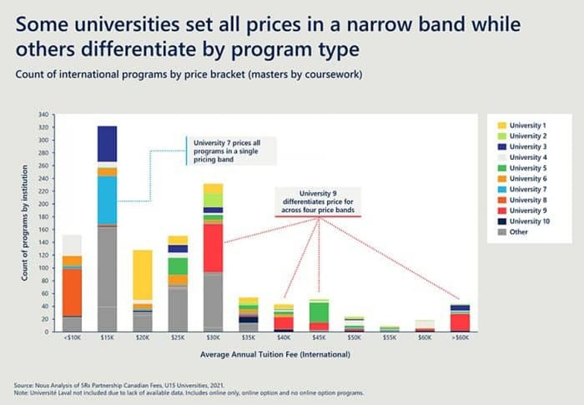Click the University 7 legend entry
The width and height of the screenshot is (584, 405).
(x=525, y=189)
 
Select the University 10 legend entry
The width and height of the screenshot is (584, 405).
(x=529, y=221)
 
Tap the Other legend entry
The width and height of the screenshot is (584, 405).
(x=518, y=232)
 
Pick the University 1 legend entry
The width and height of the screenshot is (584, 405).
(x=525, y=125)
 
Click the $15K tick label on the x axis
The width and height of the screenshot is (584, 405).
(x=107, y=338)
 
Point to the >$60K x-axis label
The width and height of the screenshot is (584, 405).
(x=460, y=338)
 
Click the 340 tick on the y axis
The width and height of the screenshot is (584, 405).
(x=44, y=114)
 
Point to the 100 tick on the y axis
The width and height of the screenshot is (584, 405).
(x=44, y=268)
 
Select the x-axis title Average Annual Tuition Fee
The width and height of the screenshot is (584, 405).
(x=275, y=354)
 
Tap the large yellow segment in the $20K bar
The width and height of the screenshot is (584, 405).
(x=142, y=275)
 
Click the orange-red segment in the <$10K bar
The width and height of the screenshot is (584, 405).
(x=72, y=292)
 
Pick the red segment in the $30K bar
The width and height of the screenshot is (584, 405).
(x=213, y=248)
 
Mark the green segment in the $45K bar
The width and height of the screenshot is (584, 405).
(x=319, y=312)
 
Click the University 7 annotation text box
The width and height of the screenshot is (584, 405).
(x=231, y=151)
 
